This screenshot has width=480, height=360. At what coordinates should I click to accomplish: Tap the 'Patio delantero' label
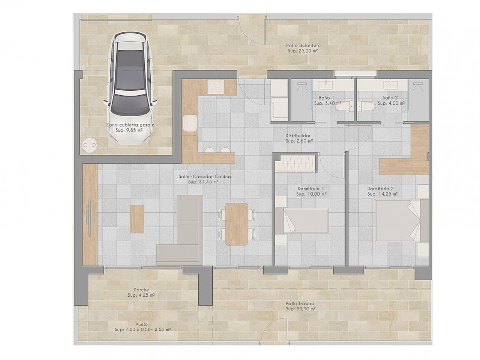tap(303, 46)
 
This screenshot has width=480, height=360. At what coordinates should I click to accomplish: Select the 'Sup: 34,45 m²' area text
tap(203, 182)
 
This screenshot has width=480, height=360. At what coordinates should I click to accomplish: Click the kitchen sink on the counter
tap(190, 123)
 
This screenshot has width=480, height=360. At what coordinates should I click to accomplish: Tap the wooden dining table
tap(237, 224)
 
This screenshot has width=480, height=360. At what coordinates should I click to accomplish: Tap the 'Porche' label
tap(141, 290)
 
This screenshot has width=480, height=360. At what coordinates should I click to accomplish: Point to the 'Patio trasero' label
tap(300, 304)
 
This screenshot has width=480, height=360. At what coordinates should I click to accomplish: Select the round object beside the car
tap(90, 145)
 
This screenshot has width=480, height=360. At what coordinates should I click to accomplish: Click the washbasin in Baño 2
tap(390, 85)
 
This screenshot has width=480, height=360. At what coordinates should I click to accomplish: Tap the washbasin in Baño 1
tap(326, 85)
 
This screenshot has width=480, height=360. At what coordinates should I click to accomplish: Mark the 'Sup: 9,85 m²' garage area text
tap(129, 130)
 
